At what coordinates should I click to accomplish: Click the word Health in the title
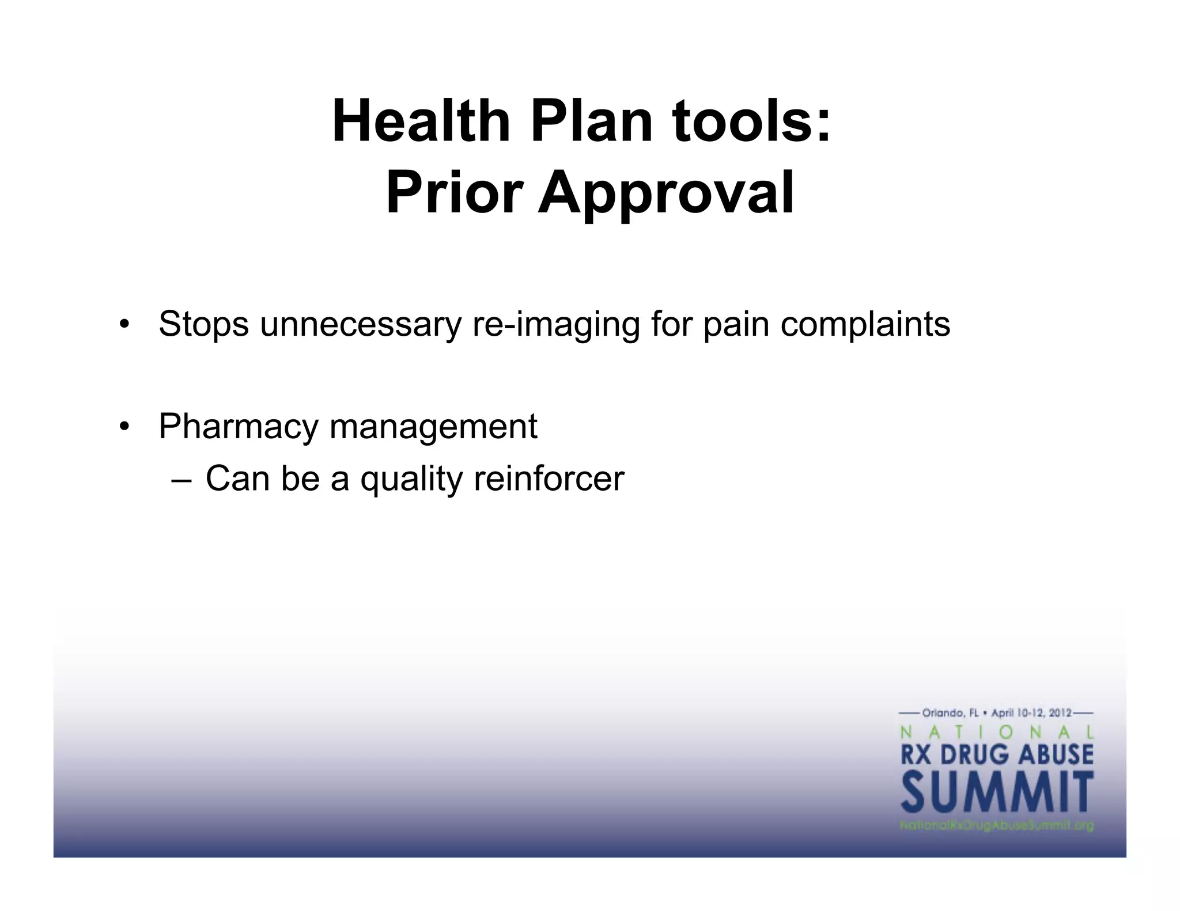[421, 122]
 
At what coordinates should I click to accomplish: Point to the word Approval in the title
[666, 193]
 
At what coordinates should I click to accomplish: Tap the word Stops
[203, 324]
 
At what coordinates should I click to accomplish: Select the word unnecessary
[361, 324]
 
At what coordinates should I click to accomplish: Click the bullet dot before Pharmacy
[123, 427]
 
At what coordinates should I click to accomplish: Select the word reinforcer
[549, 478]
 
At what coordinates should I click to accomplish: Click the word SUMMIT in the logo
[997, 794]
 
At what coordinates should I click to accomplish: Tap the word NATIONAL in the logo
[997, 732]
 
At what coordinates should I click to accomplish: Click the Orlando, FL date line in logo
[997, 713]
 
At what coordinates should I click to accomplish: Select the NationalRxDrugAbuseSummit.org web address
[997, 826]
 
